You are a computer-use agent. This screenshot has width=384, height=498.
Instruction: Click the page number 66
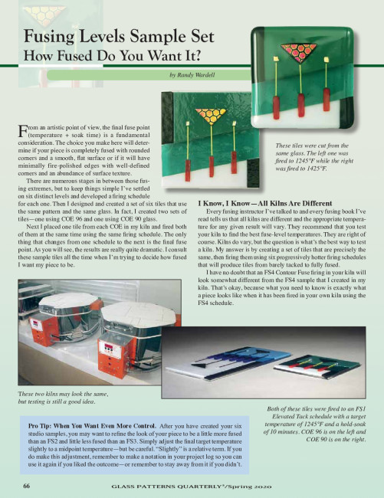click(26, 486)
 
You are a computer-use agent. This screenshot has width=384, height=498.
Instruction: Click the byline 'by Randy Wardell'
click(192, 75)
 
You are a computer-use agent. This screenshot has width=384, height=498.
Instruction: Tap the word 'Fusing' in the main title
click(48, 36)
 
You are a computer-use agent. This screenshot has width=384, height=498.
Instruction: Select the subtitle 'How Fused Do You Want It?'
click(113, 56)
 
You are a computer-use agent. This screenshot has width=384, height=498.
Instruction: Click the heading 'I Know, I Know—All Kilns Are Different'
click(265, 203)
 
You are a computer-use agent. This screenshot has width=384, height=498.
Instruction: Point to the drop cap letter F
click(22, 131)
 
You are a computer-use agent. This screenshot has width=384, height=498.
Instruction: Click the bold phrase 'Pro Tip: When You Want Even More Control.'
click(92, 426)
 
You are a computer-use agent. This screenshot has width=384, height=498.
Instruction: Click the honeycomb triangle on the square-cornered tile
click(211, 115)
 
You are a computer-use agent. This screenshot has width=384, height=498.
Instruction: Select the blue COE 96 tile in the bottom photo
click(228, 361)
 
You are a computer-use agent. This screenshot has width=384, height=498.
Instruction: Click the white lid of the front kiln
click(139, 314)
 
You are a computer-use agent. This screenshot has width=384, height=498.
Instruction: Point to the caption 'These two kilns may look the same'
click(64, 394)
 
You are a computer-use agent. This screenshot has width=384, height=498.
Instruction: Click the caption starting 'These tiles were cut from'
click(314, 157)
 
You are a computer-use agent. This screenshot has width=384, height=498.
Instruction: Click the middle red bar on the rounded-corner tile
click(301, 106)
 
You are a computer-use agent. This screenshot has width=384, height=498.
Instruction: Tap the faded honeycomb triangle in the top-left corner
click(44, 15)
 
